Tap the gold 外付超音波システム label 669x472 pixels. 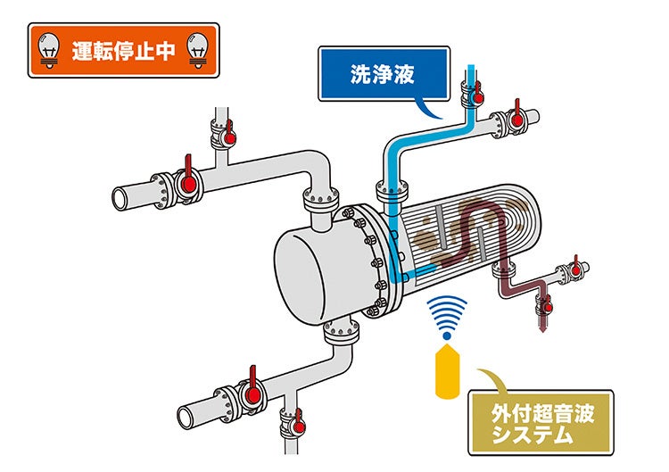(x=541, y=422)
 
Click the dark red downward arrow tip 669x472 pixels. (x=541, y=328)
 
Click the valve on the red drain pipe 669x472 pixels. (x=541, y=307)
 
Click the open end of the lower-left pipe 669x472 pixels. (x=186, y=416)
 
